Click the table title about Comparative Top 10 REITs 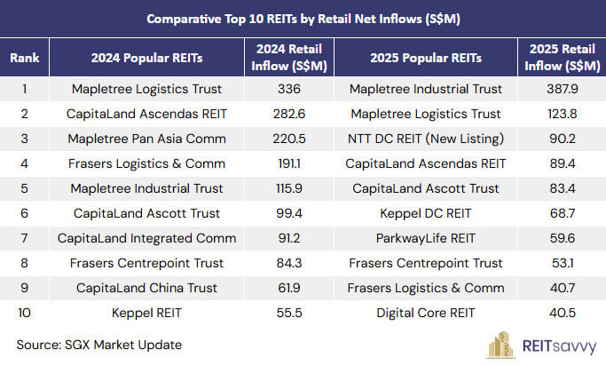[x=303, y=18]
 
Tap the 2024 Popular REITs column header [x=146, y=58]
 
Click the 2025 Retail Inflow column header [x=563, y=58]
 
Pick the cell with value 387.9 [x=563, y=89]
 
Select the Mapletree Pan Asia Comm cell [x=146, y=139]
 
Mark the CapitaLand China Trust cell [x=146, y=288]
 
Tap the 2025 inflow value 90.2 [x=563, y=139]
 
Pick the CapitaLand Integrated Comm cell [x=146, y=238]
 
